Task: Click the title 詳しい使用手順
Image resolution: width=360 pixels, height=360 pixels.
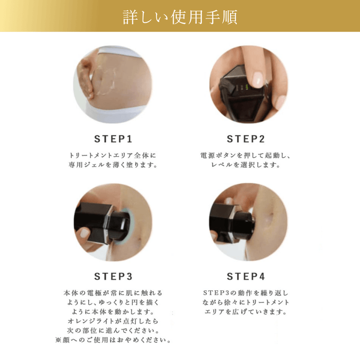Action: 180,17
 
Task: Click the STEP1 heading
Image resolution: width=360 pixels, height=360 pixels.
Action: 113,138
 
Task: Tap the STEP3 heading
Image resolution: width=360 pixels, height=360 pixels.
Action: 113,276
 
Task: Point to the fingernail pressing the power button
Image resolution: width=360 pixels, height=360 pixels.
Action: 257,80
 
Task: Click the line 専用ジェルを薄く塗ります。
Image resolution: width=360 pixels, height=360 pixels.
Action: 113,165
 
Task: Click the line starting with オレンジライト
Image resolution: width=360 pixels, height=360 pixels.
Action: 113,321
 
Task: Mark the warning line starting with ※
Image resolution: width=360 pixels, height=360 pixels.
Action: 113,340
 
